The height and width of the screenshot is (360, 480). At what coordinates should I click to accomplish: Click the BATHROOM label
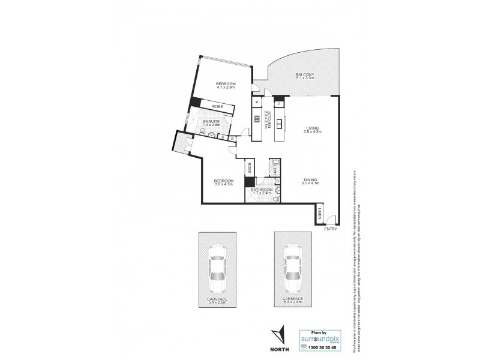click(x=262, y=190)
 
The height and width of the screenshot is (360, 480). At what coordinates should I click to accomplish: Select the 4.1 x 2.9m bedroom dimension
click(x=225, y=88)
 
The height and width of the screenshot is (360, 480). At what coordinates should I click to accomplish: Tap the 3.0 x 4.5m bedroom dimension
click(x=224, y=184)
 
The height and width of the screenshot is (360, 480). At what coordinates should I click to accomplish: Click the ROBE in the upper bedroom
click(x=217, y=107)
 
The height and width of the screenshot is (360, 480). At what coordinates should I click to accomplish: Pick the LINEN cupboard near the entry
click(x=320, y=213)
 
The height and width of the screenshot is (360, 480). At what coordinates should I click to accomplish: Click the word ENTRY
click(x=331, y=229)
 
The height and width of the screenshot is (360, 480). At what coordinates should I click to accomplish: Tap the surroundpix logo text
click(x=322, y=338)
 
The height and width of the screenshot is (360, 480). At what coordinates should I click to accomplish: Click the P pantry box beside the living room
click(x=279, y=103)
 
